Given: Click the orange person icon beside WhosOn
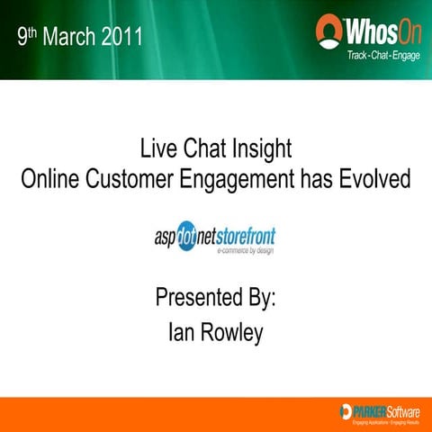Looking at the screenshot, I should point(329,31).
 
